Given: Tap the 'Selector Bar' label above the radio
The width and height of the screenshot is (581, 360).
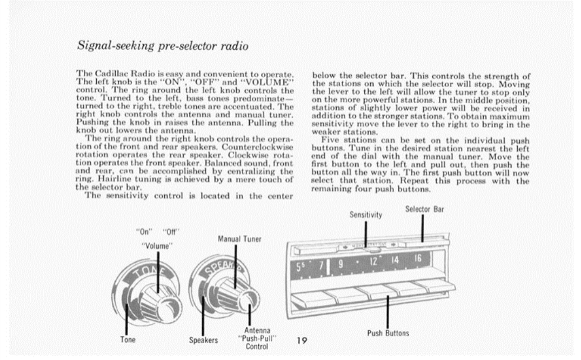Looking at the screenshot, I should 425,209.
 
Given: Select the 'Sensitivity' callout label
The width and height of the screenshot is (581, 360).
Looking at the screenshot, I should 366,215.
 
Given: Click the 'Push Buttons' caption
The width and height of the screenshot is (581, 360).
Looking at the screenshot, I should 388,333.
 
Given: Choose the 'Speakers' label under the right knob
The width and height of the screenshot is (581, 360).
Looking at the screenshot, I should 203,341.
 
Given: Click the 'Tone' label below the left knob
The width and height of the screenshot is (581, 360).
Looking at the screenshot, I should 127,340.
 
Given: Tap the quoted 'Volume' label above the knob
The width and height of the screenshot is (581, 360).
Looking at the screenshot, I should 157,245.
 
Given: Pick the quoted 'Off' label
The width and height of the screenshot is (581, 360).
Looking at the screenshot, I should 171,233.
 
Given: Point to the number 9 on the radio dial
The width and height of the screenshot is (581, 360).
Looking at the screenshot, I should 341,265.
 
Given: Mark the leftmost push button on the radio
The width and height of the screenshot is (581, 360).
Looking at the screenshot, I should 313,299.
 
